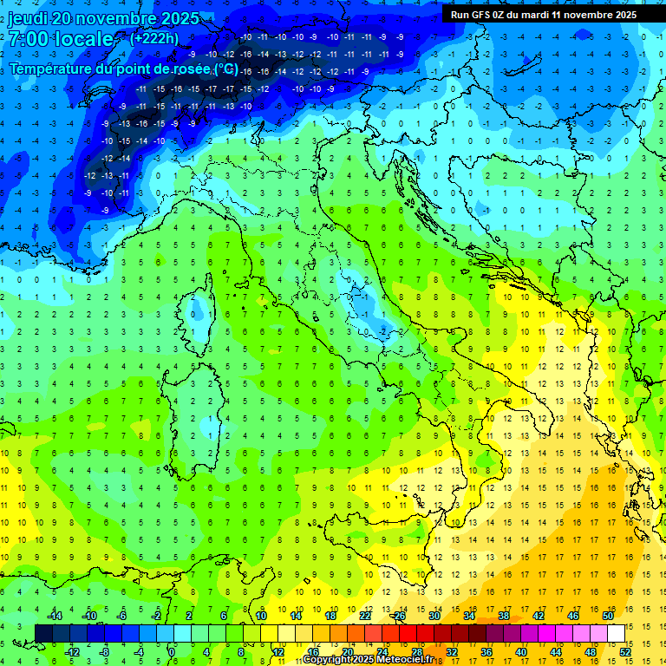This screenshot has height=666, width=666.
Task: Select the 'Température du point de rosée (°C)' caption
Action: (124, 69)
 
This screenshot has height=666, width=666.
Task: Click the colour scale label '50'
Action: (608, 616)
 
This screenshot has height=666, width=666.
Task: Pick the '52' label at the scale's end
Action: (625, 651)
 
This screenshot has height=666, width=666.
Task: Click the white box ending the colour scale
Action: (617, 633)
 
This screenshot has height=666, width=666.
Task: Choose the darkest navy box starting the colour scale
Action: (43, 633)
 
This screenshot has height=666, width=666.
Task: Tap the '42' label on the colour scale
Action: (539, 616)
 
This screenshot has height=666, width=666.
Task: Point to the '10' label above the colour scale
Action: (261, 616)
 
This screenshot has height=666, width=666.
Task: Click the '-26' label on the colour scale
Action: (399, 616)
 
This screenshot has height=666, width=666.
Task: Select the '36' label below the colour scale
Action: (486, 651)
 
